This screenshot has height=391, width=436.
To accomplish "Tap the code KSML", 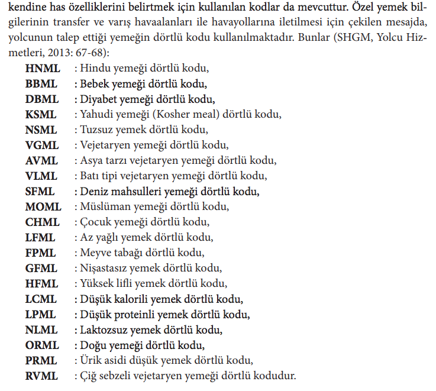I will tap(42, 114).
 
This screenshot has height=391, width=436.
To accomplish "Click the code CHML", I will tap(43, 222).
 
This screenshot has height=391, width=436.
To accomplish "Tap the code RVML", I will tap(43, 376).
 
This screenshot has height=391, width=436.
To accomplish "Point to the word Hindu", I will tap(95, 68).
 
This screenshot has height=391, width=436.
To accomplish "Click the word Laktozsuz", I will tap(101, 329).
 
